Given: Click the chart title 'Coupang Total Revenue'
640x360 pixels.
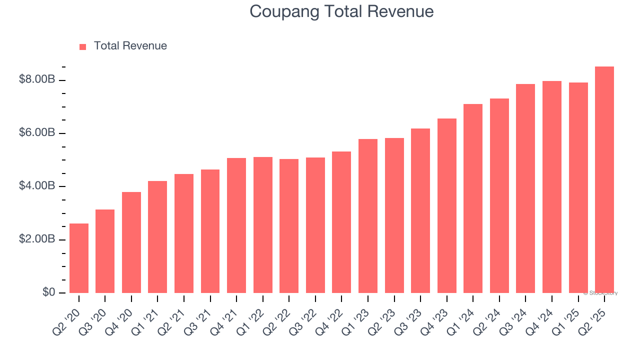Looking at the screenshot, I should tap(341, 11).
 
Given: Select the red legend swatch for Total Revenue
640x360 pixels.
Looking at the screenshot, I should tap(83, 47).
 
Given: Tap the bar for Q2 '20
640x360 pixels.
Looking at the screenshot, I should tap(79, 258).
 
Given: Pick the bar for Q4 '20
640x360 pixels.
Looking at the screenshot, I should tap(131, 242).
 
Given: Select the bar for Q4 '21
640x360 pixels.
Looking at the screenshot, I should tap(236, 225).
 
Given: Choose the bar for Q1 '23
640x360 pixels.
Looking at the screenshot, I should tap(368, 216).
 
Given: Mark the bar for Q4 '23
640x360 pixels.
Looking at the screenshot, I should tap(446, 205).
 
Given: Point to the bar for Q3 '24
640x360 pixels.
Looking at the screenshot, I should tap(525, 188).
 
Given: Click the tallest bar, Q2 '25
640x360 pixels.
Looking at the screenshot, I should tap(604, 179).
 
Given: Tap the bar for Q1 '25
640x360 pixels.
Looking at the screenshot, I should tap(578, 187).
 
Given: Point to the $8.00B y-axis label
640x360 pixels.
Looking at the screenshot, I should tap(37, 80).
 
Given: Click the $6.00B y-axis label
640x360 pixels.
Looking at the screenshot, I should tap(37, 133).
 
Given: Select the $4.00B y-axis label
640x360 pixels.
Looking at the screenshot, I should tap(37, 186).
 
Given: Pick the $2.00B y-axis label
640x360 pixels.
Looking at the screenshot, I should tap(37, 239).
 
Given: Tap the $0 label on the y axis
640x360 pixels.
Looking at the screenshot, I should tap(48, 292).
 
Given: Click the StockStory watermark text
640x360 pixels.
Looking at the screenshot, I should tap(601, 293).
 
